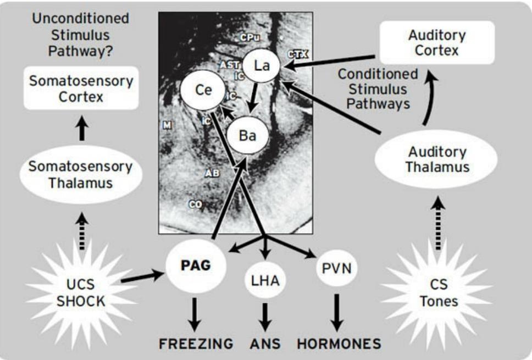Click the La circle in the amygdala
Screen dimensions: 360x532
tap(262, 67)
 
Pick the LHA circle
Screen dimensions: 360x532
tap(265, 281)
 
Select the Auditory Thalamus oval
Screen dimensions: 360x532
tap(436, 159)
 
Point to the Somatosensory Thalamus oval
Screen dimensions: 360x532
tap(81, 175)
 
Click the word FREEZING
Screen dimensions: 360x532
tap(196, 344)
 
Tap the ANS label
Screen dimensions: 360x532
tap(265, 344)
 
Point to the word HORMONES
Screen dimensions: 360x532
tap(339, 344)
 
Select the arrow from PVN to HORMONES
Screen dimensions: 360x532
tap(337, 312)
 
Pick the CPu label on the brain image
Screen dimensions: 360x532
tap(250, 37)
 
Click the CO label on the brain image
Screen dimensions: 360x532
tap(195, 204)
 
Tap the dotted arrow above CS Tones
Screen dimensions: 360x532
tap(437, 223)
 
